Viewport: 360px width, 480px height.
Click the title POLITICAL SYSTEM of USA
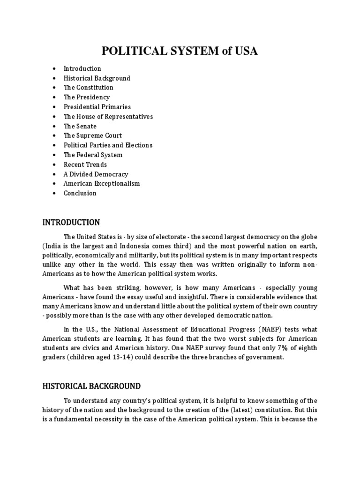tap(180, 52)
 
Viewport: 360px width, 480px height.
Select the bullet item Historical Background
tap(97, 78)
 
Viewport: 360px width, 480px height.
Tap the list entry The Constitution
tap(89, 88)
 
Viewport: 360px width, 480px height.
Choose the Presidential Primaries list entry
tap(97, 107)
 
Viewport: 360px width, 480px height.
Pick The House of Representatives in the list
tap(108, 117)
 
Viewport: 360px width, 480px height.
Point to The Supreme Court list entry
tap(93, 136)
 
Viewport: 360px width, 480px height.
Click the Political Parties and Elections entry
tap(108, 145)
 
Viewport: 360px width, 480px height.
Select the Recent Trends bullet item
tap(85, 165)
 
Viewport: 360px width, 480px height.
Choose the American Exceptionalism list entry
tap(102, 184)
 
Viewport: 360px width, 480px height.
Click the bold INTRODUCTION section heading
tap(71, 222)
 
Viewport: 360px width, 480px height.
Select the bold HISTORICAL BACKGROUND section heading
tap(91, 386)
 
